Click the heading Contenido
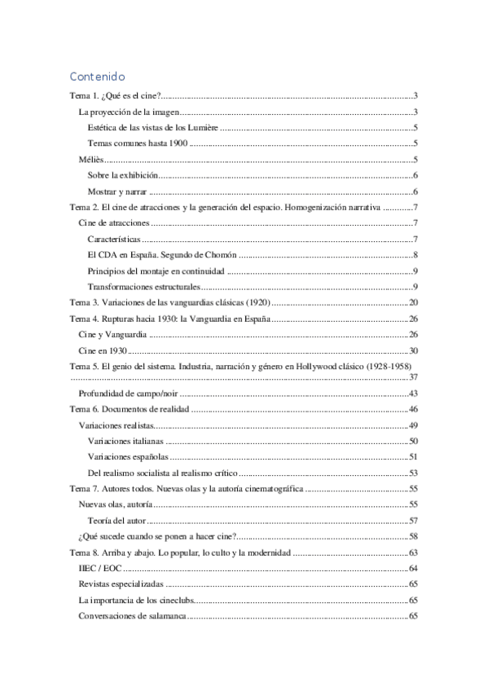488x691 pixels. (97, 77)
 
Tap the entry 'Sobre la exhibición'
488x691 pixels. (122, 175)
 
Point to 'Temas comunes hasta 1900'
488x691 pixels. (136, 143)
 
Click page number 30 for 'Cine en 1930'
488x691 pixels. (413, 350)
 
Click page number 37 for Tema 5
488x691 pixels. (413, 377)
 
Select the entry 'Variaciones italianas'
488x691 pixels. (125, 441)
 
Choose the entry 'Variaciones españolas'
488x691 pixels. (127, 456)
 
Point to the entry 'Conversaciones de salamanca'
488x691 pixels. (132, 616)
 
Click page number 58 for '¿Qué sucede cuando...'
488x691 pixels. (413, 536)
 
